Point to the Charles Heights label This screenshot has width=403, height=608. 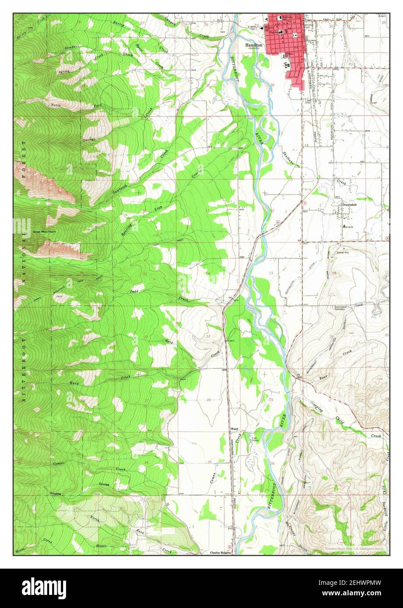coord(219,552)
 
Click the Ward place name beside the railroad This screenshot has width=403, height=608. coord(234,429)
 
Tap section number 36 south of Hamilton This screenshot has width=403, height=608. coord(272,85)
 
